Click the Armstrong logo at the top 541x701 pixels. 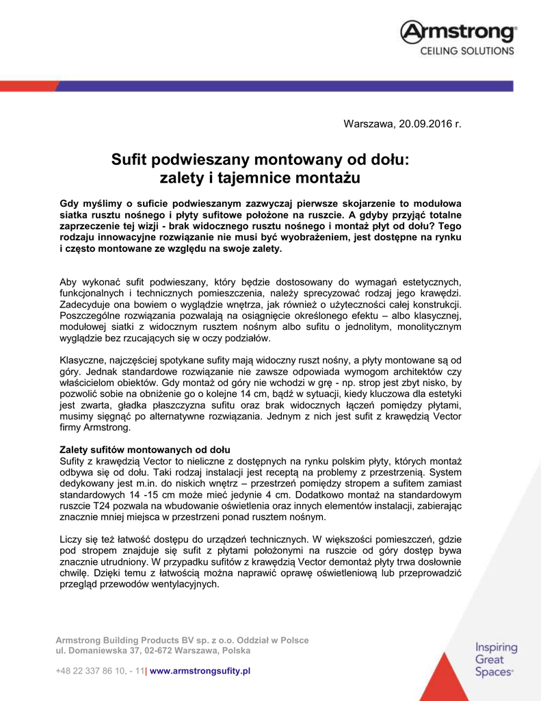click(x=458, y=32)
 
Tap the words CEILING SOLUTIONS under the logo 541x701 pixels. click(x=466, y=51)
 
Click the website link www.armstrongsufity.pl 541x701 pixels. click(x=200, y=671)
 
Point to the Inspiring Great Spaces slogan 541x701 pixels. click(x=495, y=660)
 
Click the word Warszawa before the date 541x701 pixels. click(x=369, y=124)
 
